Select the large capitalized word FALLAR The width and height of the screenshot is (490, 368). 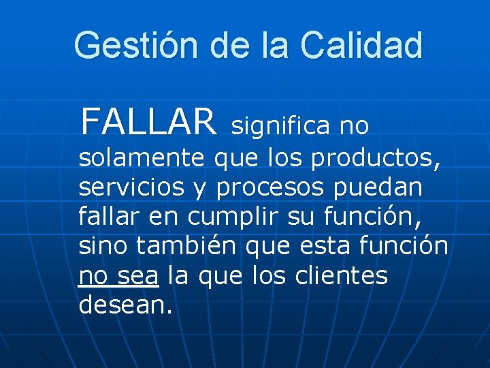148,122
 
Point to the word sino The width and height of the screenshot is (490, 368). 103,247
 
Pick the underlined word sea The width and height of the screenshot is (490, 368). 137,277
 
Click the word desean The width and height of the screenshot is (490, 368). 125,305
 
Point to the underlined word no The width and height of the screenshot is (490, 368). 93,277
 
